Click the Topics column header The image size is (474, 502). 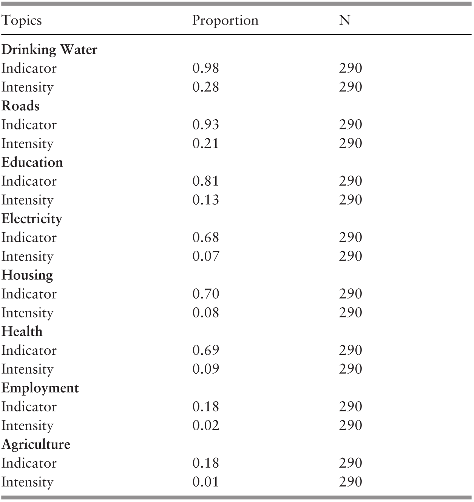(22, 20)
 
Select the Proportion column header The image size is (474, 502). (225, 20)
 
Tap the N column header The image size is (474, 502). (344, 20)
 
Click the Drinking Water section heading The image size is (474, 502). (49, 49)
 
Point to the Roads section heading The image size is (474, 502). (20, 106)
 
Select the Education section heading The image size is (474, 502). (32, 162)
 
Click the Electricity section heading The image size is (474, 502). (32, 219)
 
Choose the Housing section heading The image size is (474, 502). (27, 275)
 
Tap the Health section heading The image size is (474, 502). (22, 331)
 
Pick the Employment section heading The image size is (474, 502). (40, 388)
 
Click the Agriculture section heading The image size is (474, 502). (36, 444)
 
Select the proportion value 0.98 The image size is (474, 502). (205, 68)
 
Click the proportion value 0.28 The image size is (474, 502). (205, 87)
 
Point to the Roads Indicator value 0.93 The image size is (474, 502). (205, 125)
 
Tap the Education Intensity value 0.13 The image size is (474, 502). (205, 200)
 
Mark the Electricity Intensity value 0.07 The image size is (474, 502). (205, 256)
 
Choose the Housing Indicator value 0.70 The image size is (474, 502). (205, 294)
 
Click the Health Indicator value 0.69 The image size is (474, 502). (205, 350)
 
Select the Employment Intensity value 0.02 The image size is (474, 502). (205, 425)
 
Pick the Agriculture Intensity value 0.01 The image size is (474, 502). (205, 482)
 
